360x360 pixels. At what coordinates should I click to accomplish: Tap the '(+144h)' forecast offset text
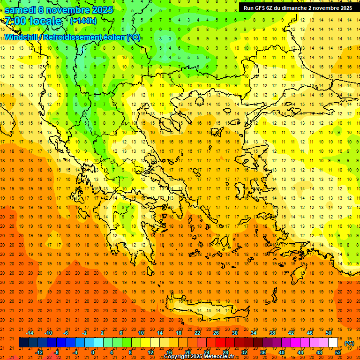(83, 21)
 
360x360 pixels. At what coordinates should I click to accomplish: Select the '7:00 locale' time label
(33, 21)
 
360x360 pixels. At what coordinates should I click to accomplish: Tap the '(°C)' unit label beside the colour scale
(349, 343)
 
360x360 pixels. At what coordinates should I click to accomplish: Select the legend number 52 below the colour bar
(338, 352)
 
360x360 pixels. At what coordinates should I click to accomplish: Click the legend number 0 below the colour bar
(93, 352)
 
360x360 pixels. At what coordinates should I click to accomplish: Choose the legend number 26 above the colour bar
(216, 333)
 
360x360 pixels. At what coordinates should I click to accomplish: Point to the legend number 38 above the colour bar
(272, 333)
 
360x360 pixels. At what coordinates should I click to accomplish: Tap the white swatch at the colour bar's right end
(333, 343)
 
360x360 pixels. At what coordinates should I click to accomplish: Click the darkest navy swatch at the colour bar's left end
(24, 343)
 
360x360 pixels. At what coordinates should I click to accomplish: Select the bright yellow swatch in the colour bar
(146, 343)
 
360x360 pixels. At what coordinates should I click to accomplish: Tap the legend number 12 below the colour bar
(150, 352)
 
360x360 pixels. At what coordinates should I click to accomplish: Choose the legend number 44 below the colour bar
(300, 352)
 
